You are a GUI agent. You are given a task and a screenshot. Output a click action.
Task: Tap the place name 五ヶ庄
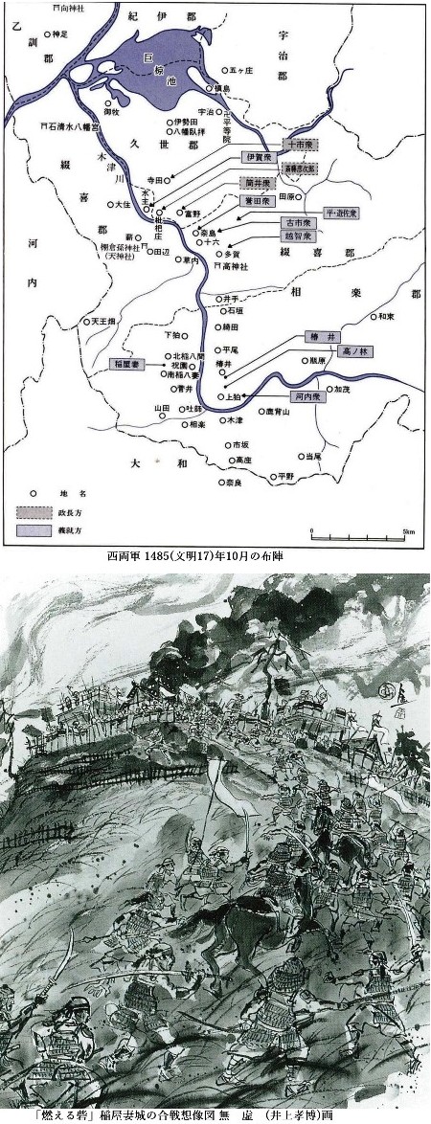239,69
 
